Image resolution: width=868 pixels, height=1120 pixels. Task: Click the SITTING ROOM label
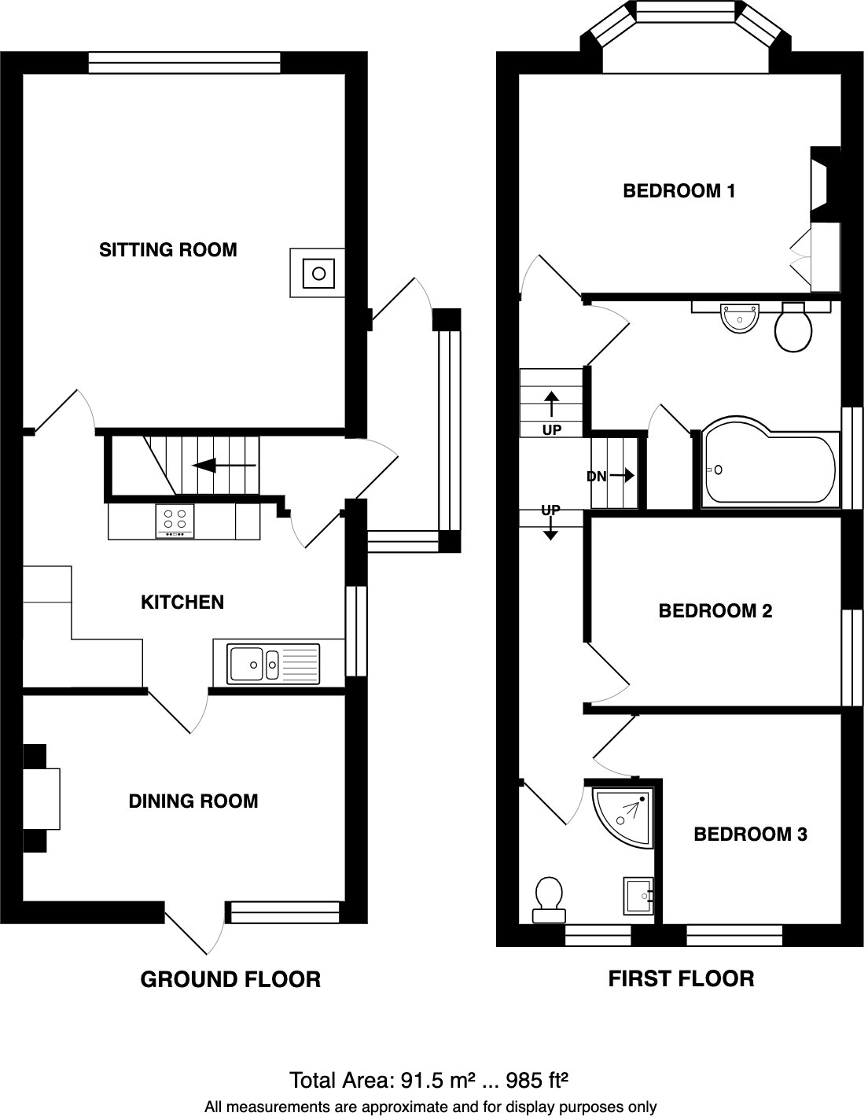(x=167, y=250)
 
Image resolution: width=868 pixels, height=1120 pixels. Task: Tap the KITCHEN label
(x=182, y=602)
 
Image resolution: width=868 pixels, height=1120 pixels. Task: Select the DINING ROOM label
(x=193, y=801)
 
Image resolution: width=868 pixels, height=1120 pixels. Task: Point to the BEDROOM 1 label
(x=679, y=190)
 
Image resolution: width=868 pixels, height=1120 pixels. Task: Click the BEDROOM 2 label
(x=715, y=610)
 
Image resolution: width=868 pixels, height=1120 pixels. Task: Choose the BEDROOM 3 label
(x=750, y=834)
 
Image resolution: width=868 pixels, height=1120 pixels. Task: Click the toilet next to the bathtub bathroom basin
(x=793, y=328)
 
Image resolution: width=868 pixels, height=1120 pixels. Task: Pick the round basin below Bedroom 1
(x=739, y=319)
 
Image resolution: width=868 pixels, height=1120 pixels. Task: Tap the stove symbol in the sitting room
(x=318, y=273)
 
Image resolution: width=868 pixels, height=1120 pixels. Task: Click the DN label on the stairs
(x=598, y=476)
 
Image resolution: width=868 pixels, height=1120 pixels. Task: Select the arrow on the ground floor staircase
(x=224, y=466)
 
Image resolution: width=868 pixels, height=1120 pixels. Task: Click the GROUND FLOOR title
(x=230, y=979)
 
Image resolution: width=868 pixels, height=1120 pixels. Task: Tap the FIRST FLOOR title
(x=681, y=978)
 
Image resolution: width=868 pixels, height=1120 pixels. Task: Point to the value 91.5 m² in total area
(x=428, y=1080)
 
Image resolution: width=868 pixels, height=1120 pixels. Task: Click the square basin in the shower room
(x=638, y=895)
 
